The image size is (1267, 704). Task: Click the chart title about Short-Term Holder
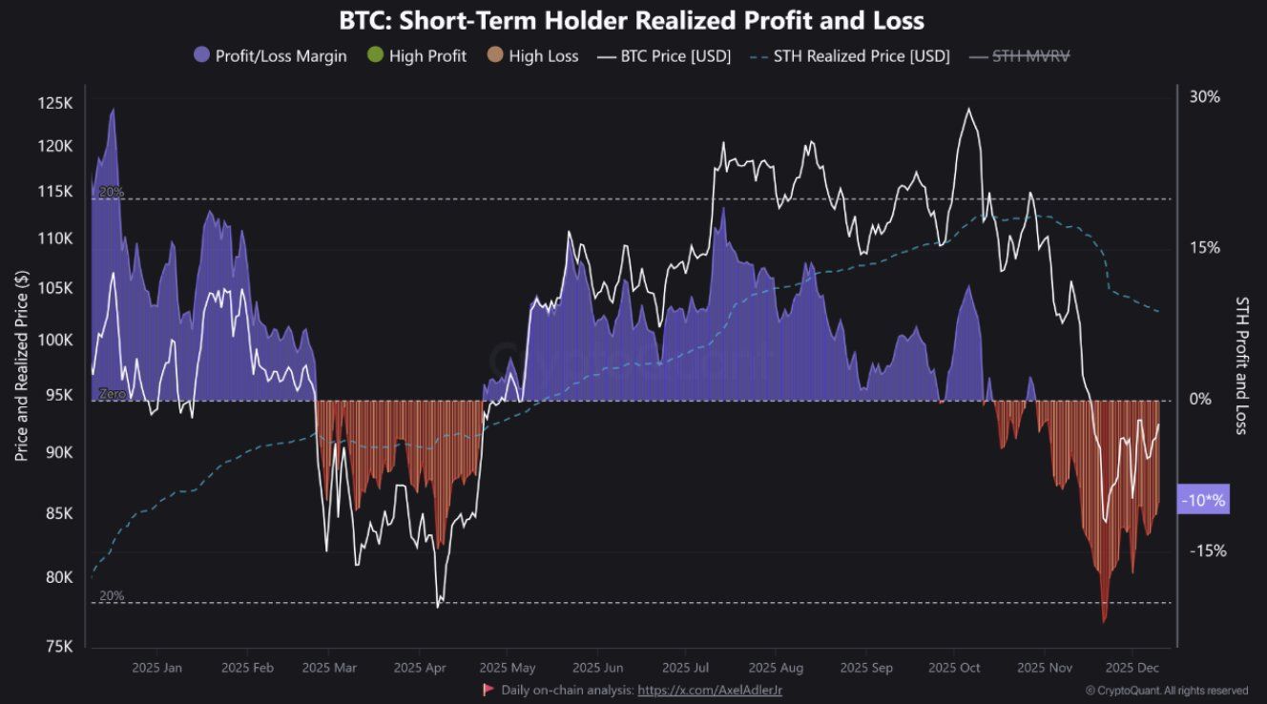click(x=632, y=20)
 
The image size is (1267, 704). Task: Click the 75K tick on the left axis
click(x=58, y=647)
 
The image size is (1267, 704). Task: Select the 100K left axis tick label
click(x=54, y=341)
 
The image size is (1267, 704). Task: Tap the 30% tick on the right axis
click(x=1204, y=96)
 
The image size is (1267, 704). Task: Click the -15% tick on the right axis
click(x=1206, y=550)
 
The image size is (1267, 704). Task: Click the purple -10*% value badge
click(x=1203, y=500)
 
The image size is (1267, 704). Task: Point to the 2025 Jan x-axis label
click(x=157, y=668)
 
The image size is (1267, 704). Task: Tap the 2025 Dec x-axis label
click(x=1132, y=668)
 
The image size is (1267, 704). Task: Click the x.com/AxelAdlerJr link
click(x=709, y=689)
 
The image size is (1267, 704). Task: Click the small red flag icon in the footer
click(x=488, y=689)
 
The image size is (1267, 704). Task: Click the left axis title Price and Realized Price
click(x=22, y=365)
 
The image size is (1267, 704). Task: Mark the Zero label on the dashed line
click(x=112, y=393)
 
